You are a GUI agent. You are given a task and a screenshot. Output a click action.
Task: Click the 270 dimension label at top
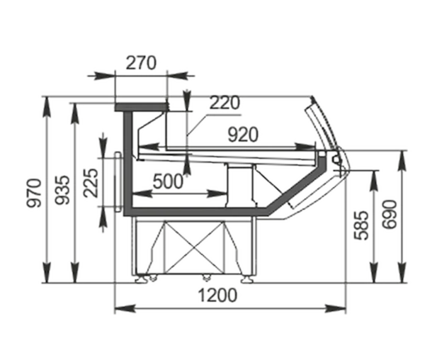[141, 63]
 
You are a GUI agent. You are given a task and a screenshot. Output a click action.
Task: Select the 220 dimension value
[225, 103]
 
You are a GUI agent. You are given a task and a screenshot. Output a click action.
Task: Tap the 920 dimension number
[243, 135]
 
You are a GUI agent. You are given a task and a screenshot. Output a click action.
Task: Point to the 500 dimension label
[168, 181]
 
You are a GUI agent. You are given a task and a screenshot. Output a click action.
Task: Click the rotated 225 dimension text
[91, 183]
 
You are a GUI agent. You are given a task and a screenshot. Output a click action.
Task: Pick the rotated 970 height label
[34, 193]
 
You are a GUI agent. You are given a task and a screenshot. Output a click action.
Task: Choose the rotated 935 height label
[62, 190]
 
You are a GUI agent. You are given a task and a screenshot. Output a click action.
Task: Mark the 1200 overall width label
[217, 296]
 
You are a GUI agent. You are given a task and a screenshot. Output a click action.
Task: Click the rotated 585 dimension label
[361, 225]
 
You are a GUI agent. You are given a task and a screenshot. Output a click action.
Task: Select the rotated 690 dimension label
[390, 215]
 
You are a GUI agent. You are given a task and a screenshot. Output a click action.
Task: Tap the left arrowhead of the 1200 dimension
[125, 308]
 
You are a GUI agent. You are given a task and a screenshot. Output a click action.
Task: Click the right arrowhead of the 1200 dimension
[336, 308]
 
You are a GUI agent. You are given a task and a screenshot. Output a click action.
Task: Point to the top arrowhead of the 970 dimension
[47, 107]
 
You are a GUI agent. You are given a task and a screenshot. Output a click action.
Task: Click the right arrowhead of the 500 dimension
[217, 193]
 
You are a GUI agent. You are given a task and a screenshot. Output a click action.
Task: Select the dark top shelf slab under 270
[141, 107]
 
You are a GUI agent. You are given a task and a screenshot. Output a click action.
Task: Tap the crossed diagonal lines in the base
[195, 247]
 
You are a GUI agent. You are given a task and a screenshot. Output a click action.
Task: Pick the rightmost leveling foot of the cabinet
[247, 279]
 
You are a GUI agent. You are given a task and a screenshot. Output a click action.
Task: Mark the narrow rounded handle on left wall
[118, 181]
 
